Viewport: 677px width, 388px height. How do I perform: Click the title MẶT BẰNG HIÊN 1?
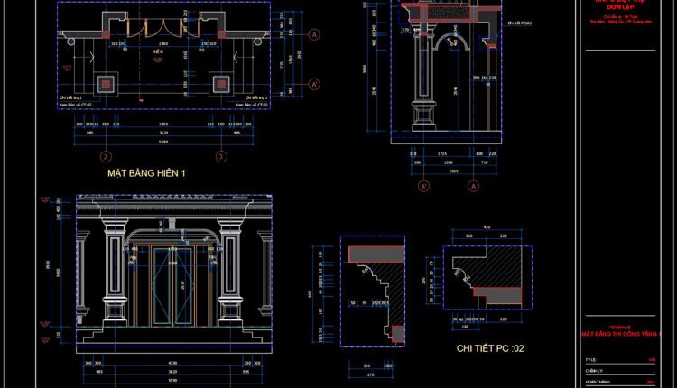145,172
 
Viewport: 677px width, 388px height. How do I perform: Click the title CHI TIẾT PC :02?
490,347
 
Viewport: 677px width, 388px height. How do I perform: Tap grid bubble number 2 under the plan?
106,156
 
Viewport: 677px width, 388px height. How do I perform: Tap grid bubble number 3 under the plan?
221,156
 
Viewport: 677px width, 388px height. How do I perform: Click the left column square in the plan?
107,84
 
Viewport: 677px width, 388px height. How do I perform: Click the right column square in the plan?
220,84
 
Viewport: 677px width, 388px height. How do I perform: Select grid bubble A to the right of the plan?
314,35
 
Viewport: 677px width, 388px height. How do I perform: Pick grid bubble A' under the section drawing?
423,186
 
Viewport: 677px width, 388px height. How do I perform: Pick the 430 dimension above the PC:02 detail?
487,226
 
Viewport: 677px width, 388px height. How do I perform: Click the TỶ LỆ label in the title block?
592,359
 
